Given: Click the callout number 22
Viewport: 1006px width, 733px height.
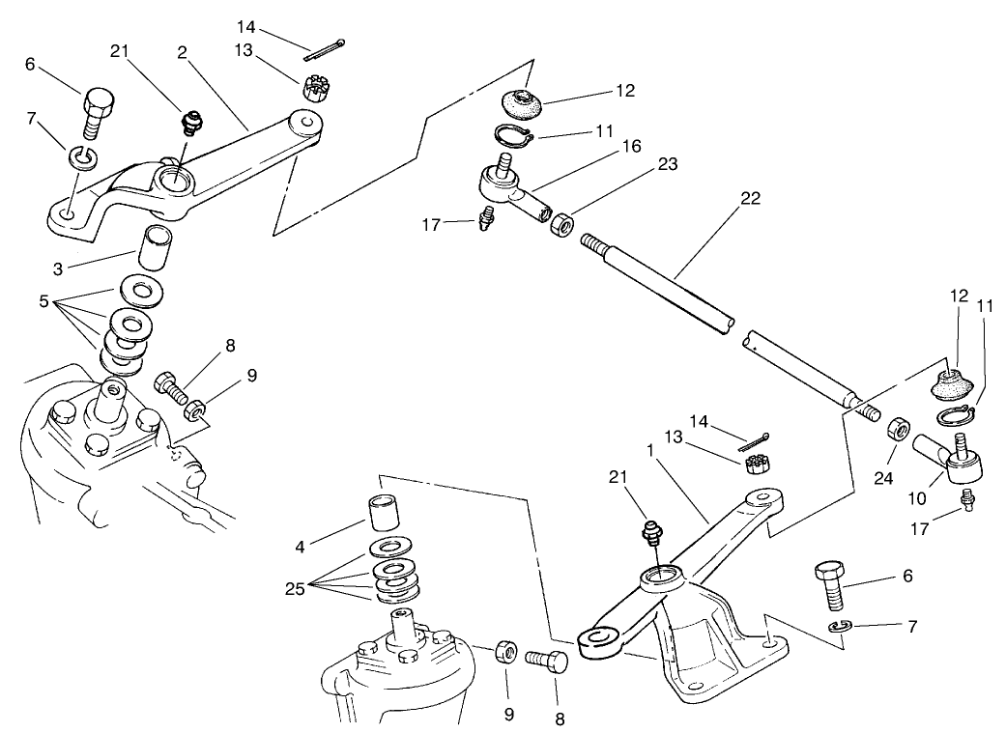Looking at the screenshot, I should click(x=750, y=199).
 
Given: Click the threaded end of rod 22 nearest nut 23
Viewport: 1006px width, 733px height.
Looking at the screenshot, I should click(x=593, y=244).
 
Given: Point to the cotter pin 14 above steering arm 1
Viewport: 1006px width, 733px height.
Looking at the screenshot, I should click(x=754, y=442).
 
